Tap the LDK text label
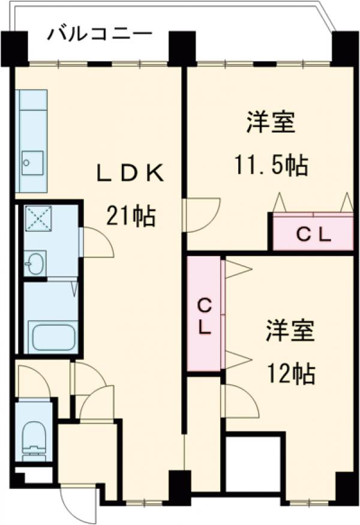(x=131, y=173)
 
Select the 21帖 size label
(x=131, y=215)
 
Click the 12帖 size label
(x=290, y=374)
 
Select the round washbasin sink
(x=35, y=263)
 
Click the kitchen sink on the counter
(x=32, y=161)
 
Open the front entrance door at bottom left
(x=81, y=504)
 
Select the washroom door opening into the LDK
(x=96, y=242)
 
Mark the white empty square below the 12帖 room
(x=253, y=465)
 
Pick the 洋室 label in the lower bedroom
(x=290, y=332)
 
